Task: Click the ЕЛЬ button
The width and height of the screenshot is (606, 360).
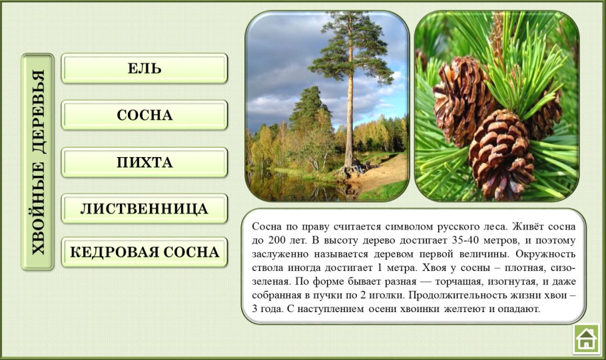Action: [145, 69]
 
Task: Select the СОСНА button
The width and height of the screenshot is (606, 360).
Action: [145, 115]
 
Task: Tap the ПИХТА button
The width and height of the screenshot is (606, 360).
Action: [145, 162]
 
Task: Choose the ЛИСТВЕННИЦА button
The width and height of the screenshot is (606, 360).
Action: [145, 209]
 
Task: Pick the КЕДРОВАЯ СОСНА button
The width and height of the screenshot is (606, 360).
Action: [145, 252]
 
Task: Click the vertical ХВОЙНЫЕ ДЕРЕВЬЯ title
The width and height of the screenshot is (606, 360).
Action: [38, 162]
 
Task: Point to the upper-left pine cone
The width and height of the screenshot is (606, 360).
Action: [461, 100]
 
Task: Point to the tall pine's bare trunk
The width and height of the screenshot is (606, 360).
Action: [349, 126]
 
